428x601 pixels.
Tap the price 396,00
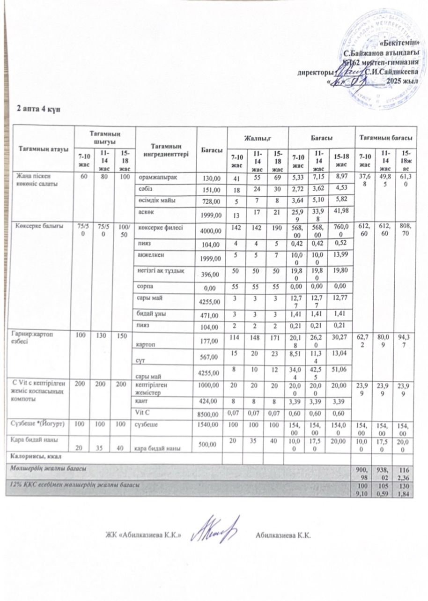point(211,275)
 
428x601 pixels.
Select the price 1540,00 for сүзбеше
point(211,424)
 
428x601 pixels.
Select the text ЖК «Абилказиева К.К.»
point(143,534)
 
